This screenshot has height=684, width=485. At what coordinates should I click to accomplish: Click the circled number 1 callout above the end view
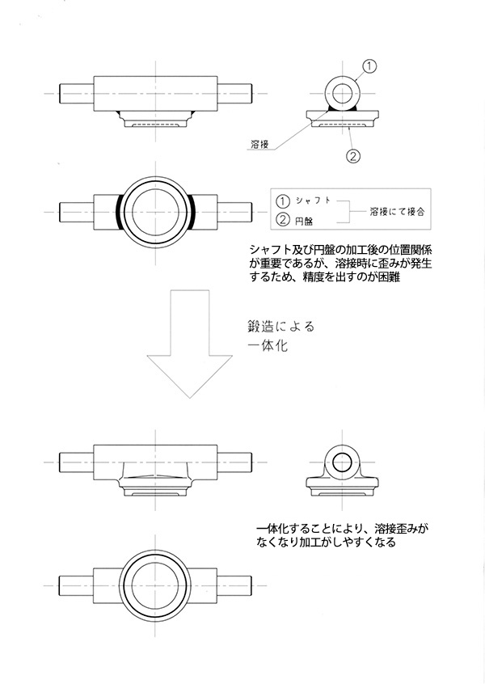(369, 68)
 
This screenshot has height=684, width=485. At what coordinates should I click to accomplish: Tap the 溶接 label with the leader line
(259, 146)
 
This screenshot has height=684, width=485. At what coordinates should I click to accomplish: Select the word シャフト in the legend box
(312, 200)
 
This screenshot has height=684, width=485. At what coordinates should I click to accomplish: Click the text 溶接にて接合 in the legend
(397, 209)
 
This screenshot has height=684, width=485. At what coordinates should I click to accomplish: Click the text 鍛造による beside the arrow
(280, 327)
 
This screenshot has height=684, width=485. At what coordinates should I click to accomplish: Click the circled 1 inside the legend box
(282, 200)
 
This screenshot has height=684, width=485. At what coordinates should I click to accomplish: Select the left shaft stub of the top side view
(77, 95)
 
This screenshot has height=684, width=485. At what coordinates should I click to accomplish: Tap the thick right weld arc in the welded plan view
(193, 213)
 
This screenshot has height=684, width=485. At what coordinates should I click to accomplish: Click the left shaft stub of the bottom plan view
(78, 583)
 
